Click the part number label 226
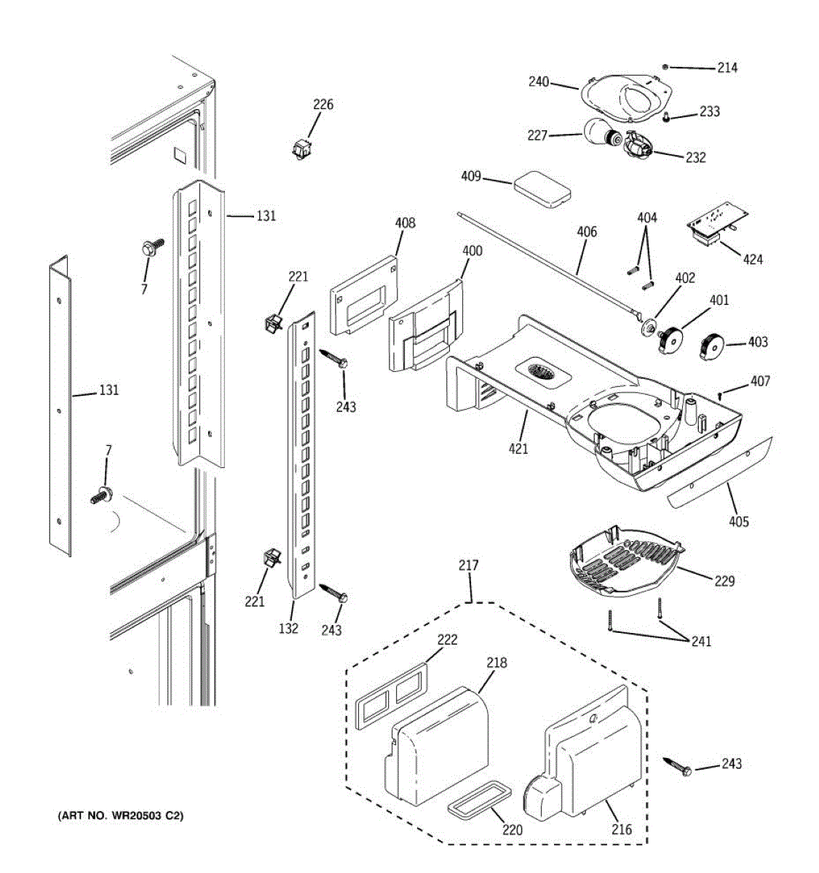coord(323,105)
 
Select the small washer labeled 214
coord(665,67)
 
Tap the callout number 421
coord(518,448)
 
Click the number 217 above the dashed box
coord(469,565)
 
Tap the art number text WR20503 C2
coord(121,816)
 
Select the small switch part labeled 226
coord(301,149)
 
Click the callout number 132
coord(288,628)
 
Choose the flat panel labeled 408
coord(365,292)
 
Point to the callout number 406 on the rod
coord(586,232)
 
